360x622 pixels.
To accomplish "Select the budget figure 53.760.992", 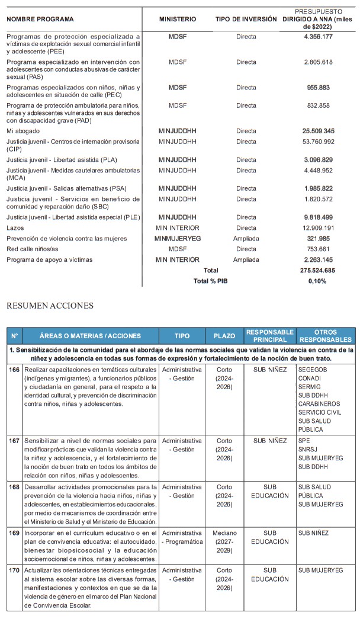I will tap(318, 142).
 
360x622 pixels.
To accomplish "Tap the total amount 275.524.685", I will tap(318, 270).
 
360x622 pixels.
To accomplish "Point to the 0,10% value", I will tap(318, 281).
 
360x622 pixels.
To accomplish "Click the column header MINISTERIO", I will tap(178, 20).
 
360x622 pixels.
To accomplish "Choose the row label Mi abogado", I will tap(21, 131).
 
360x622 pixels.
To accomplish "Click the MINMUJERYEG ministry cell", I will tap(178, 239).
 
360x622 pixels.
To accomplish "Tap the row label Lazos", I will tap(15, 228).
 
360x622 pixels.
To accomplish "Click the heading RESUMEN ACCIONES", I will tap(50, 306).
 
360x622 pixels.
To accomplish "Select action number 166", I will tap(14, 369).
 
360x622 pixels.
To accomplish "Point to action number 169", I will tap(14, 533).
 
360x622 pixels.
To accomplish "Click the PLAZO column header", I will tap(224, 336).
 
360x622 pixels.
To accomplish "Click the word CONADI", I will tap(310, 378).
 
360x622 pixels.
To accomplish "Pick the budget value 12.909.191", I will tap(318, 228).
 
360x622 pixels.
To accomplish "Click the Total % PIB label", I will tap(210, 281).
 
